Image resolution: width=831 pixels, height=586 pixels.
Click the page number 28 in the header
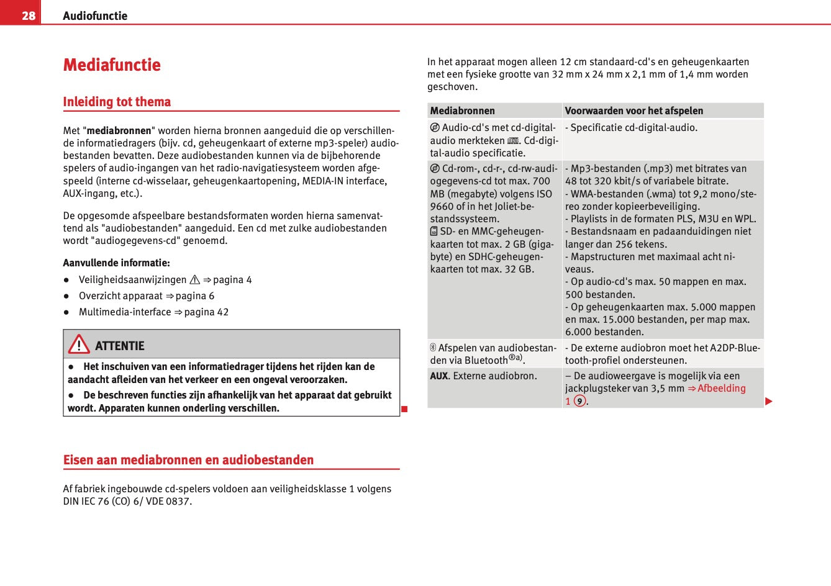[29, 16]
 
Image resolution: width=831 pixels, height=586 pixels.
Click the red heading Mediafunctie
[112, 65]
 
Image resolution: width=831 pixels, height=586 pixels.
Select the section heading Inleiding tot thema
[117, 102]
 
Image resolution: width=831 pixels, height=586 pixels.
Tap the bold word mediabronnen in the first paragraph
[119, 131]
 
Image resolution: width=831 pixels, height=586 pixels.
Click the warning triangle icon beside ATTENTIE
[79, 345]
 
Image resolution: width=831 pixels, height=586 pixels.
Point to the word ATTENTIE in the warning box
[120, 346]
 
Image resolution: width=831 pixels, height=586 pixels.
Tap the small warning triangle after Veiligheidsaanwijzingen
[195, 280]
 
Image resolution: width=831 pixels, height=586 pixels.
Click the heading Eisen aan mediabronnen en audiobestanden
[188, 460]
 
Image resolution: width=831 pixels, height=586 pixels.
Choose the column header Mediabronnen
[463, 111]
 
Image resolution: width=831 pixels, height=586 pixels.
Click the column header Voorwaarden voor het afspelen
[634, 111]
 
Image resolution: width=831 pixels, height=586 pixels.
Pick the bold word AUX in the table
[439, 376]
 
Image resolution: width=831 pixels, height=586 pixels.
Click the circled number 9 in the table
[579, 401]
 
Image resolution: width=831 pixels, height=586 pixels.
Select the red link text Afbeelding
[722, 389]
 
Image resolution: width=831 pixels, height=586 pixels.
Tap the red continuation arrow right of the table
[769, 402]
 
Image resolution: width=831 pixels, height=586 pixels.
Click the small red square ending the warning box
[404, 408]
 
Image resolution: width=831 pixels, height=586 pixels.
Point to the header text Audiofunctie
[95, 16]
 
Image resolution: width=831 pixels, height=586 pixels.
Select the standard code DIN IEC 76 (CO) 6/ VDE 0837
[127, 502]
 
